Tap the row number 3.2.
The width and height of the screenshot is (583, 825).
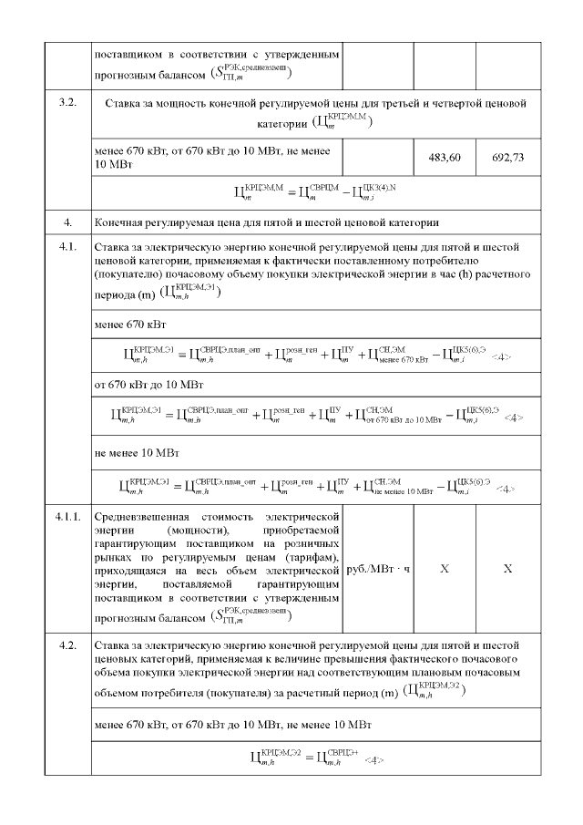click(66, 103)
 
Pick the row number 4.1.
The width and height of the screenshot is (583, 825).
click(66, 246)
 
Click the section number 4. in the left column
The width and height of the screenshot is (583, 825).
click(66, 222)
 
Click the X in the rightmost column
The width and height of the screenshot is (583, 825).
click(507, 568)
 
